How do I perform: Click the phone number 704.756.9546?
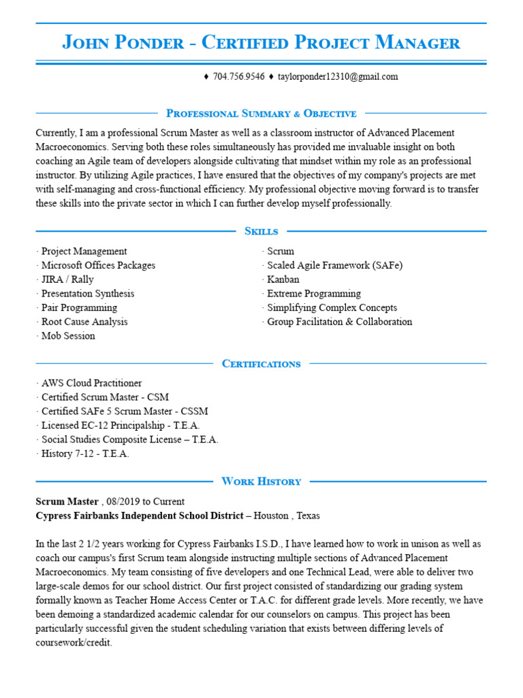[x=239, y=76]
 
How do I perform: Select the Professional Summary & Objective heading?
[x=261, y=113]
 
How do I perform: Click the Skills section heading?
[x=261, y=231]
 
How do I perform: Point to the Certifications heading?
[x=261, y=363]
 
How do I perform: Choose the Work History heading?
[x=261, y=481]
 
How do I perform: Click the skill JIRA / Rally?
[x=67, y=279]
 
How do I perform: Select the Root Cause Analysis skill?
[x=84, y=322]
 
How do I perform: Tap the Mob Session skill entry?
[x=68, y=336]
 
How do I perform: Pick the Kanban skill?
[x=283, y=279]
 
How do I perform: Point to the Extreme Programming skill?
[x=314, y=294]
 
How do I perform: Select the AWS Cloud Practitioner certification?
[x=91, y=383]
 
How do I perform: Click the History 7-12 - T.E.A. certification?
[x=85, y=453]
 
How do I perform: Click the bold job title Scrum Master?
[x=67, y=502]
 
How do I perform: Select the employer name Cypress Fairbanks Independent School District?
[x=140, y=516]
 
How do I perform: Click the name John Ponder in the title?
[x=123, y=43]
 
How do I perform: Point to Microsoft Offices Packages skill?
[x=98, y=265]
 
